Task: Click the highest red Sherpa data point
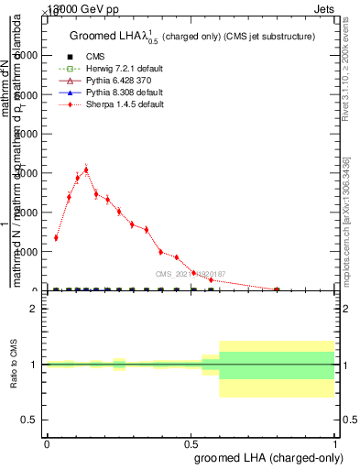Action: coord(86,169)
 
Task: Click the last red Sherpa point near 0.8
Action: coord(277,289)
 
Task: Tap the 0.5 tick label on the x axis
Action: coord(191,443)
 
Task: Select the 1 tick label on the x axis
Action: coord(335,443)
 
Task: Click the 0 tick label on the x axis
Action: coord(47,443)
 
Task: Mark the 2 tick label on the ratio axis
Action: coord(34,309)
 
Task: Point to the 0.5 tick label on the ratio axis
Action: coord(29,420)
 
